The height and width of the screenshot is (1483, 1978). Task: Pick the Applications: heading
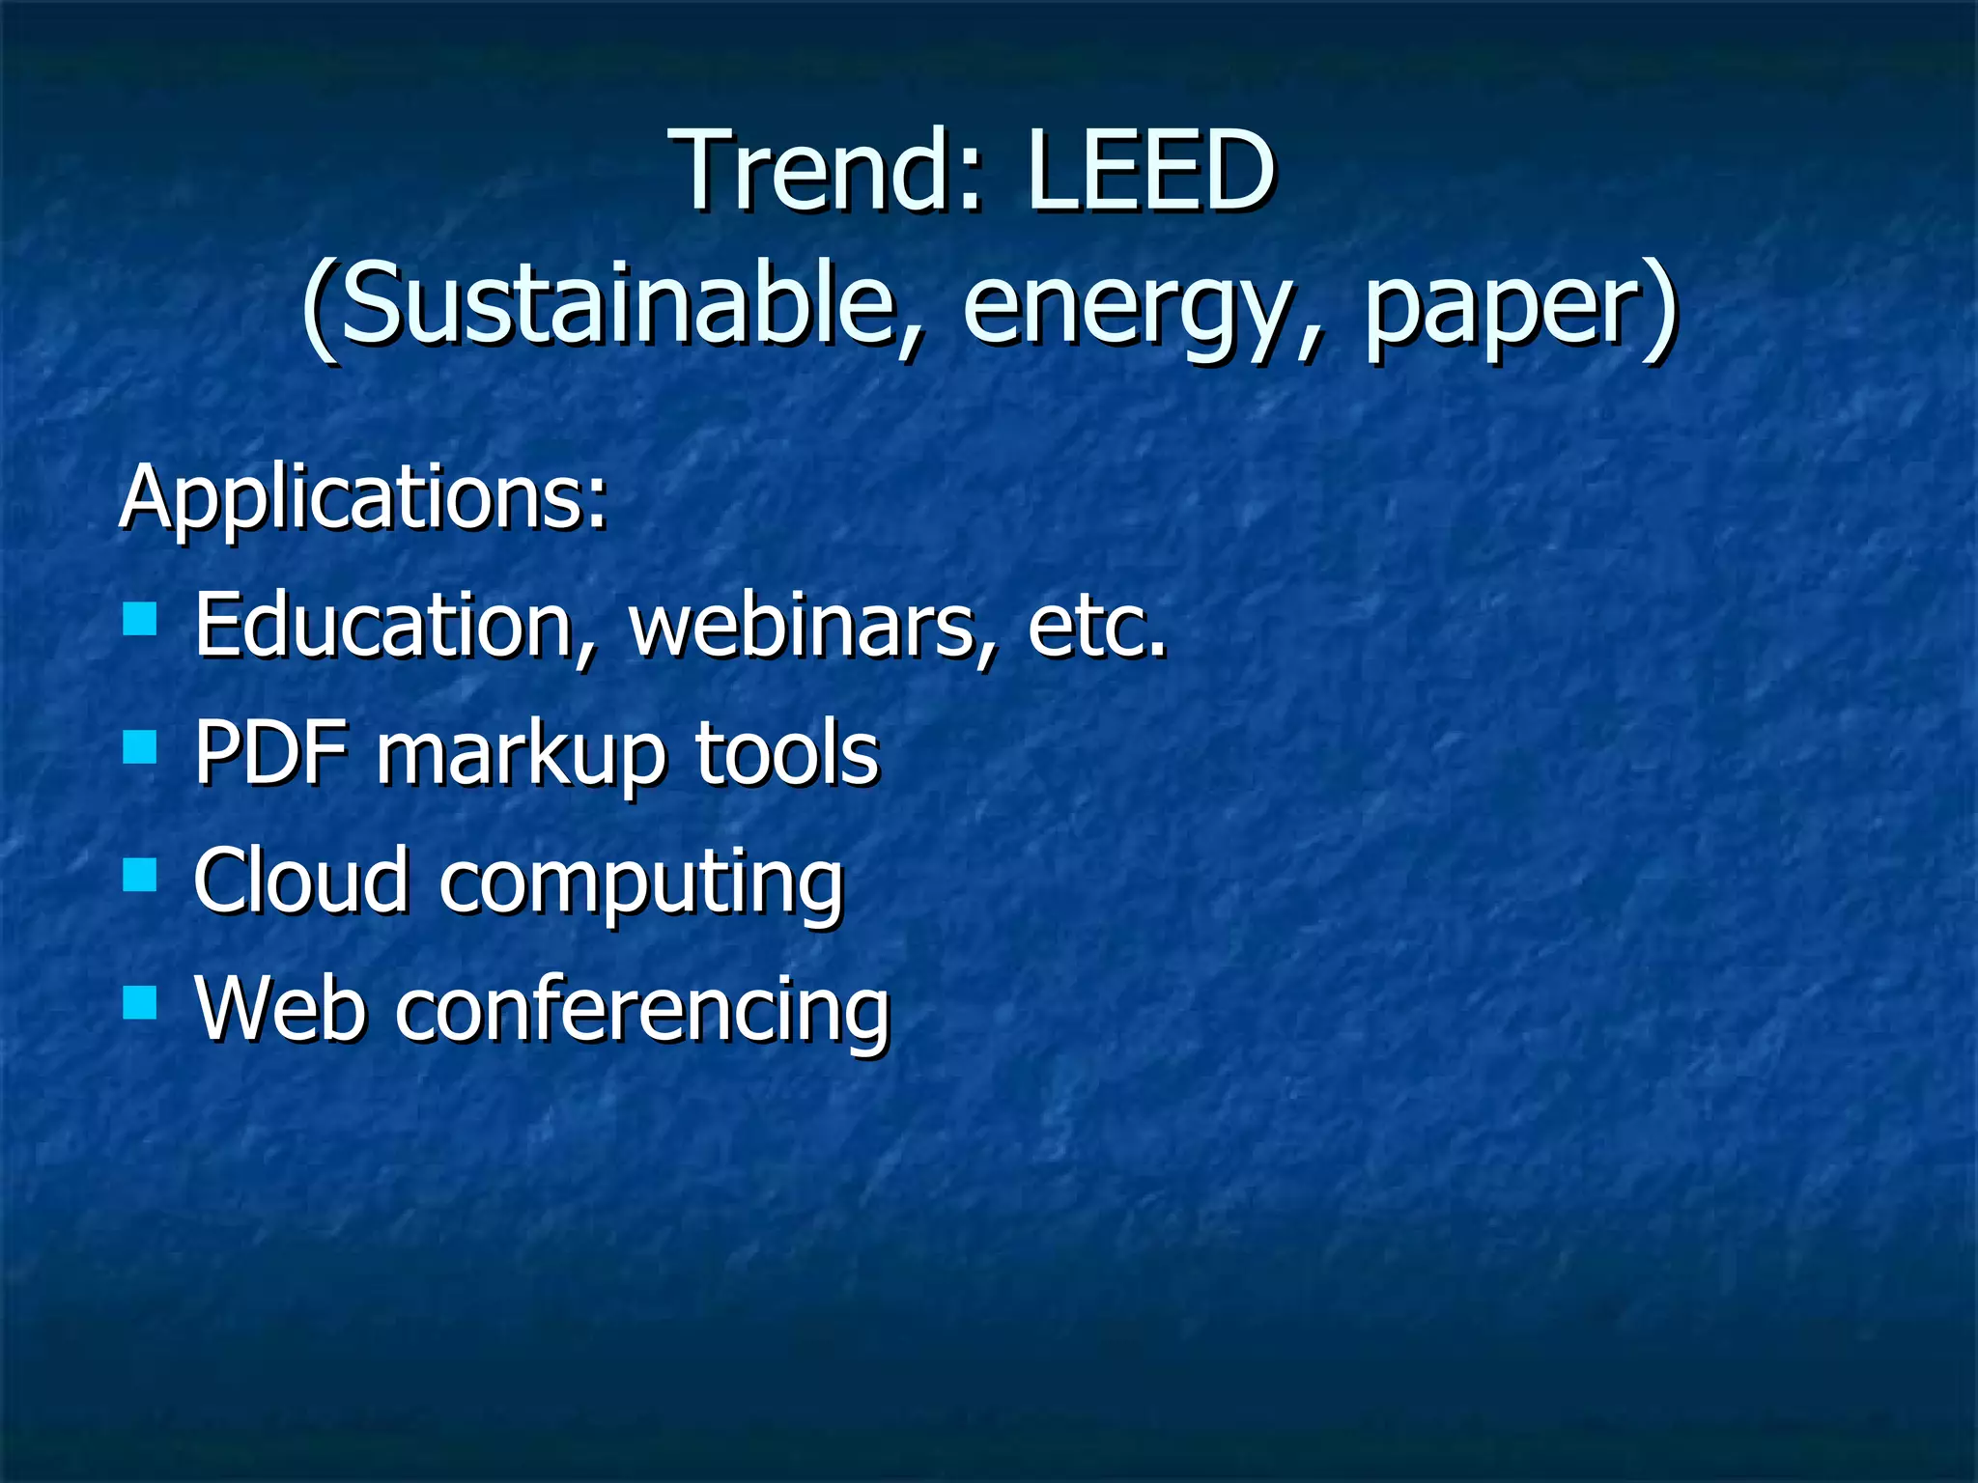tap(363, 498)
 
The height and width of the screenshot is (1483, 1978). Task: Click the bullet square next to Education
tap(140, 618)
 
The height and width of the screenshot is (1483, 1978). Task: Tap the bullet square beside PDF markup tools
tap(140, 746)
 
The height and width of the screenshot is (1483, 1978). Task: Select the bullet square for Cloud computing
tap(140, 875)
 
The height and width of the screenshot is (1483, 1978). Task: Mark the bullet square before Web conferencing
tap(140, 1003)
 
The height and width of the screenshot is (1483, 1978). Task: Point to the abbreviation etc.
tap(1097, 628)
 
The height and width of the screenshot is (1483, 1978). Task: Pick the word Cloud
tap(300, 881)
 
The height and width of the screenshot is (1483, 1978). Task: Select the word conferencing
tap(642, 1012)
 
